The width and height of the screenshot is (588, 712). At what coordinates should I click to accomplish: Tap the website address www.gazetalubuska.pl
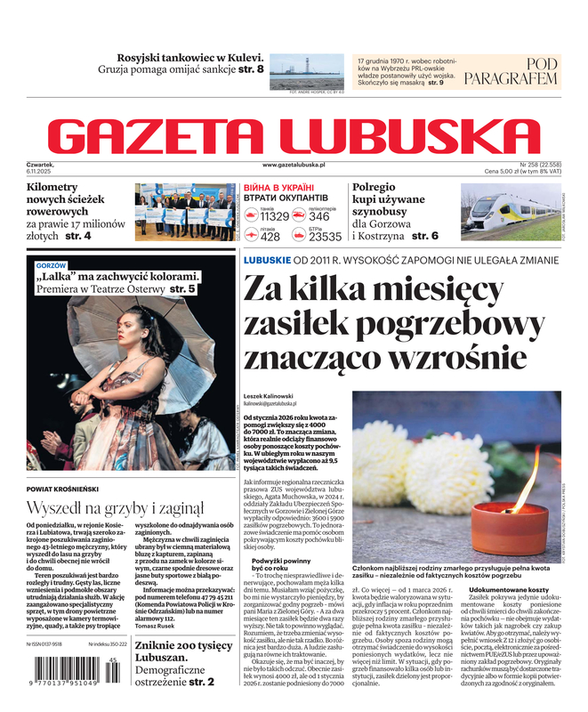[294, 166]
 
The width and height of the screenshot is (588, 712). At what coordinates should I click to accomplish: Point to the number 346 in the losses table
[319, 216]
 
